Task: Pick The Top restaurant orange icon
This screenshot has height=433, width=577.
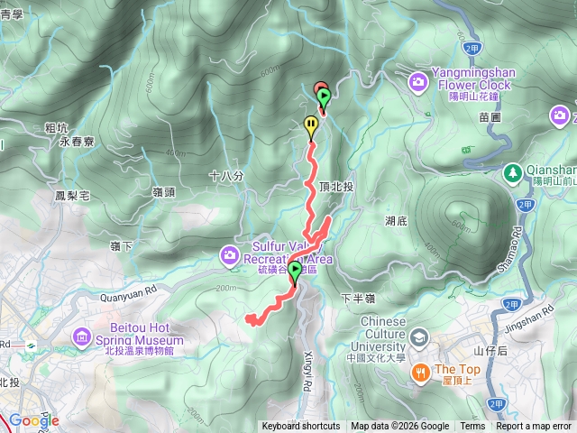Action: (419, 372)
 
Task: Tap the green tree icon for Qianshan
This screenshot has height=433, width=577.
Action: (512, 170)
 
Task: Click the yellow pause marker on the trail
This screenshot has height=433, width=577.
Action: (312, 127)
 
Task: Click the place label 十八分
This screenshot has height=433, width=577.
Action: (226, 177)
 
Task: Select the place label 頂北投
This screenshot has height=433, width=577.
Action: (336, 186)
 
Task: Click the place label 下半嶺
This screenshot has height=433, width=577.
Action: (358, 298)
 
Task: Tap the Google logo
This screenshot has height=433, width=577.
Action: (34, 421)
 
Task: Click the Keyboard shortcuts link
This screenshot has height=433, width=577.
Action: (301, 427)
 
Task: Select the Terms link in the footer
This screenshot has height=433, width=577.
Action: (472, 427)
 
